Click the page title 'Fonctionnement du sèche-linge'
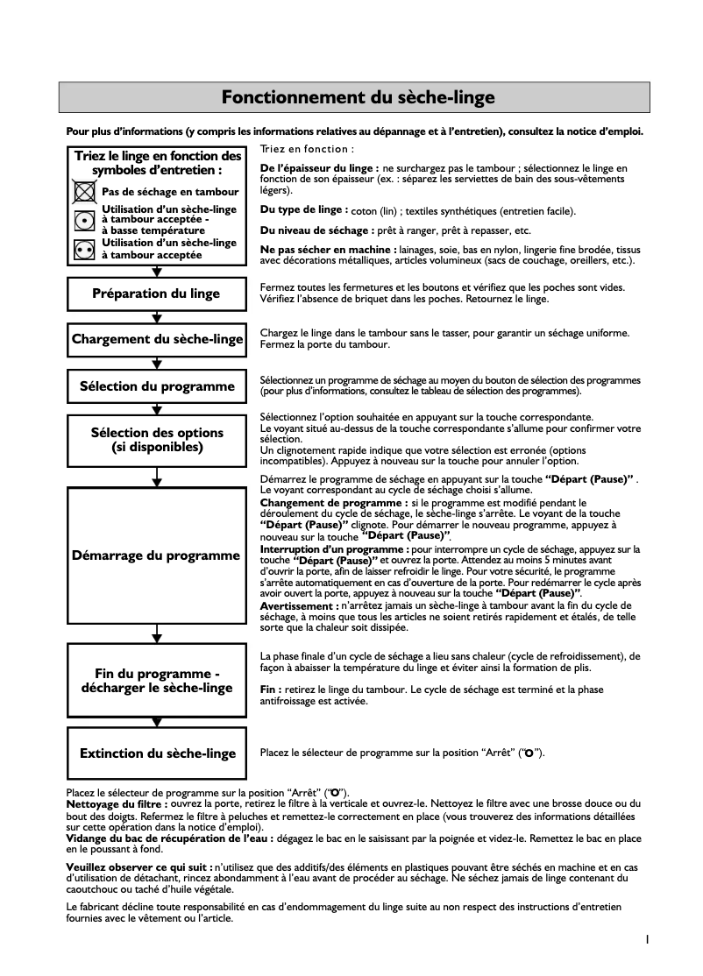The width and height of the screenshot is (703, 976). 358,97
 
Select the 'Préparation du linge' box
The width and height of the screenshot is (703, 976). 156,294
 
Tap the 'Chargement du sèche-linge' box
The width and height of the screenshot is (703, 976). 156,339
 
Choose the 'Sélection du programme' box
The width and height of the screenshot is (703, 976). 156,386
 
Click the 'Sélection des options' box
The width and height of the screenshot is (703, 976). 156,440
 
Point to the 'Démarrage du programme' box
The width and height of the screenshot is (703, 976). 156,555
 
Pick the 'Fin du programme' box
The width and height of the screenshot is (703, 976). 156,680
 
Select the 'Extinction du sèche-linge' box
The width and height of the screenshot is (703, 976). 156,753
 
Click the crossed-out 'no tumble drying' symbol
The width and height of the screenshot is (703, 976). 84,191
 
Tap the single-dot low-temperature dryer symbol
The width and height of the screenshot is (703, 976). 84,220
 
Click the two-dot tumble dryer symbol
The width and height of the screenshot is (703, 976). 84,249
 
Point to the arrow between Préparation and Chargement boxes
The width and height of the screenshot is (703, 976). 157,317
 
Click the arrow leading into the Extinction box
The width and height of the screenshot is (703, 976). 157,721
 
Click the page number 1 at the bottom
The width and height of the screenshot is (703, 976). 647,940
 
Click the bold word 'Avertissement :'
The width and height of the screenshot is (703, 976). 300,605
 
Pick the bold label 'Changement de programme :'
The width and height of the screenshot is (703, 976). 334,504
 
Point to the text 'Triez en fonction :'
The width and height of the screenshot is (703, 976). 307,150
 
